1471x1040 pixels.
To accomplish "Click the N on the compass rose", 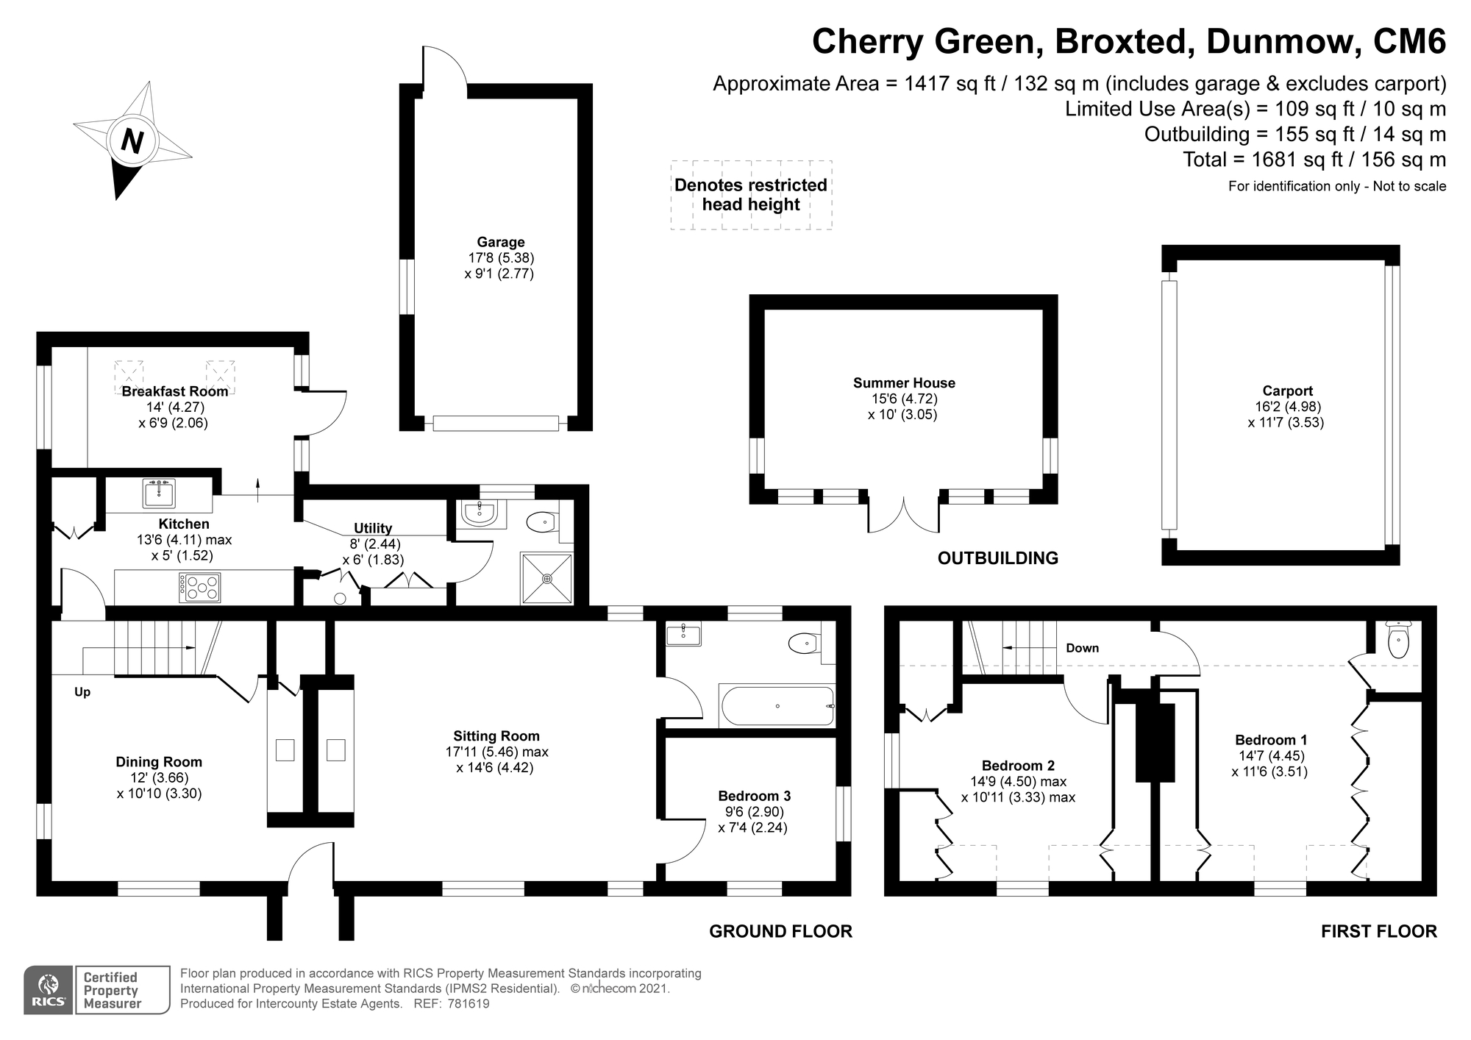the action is tap(132, 140).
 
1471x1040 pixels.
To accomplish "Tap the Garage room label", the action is tap(501, 242).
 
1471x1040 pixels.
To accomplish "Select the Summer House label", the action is tap(904, 382).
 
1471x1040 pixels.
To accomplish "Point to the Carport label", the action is tap(1287, 391).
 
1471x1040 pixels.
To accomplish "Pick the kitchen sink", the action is tap(159, 494).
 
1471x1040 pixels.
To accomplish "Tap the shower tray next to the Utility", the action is tap(546, 578).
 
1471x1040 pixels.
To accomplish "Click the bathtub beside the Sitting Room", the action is tap(778, 706).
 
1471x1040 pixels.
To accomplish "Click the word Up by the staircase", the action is tap(82, 692).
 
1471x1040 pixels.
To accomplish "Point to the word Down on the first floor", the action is tap(1082, 648).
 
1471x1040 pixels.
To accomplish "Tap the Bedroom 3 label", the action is tap(754, 796).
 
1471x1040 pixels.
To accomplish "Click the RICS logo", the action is tap(48, 990).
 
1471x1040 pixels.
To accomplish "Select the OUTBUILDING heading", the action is tap(997, 558).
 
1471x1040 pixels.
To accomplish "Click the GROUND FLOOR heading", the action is tap(780, 931).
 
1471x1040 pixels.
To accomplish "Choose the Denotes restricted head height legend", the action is tap(751, 195).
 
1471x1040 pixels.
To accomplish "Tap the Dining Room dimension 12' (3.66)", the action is tap(159, 778).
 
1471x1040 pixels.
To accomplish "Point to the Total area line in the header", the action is tap(1314, 160).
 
